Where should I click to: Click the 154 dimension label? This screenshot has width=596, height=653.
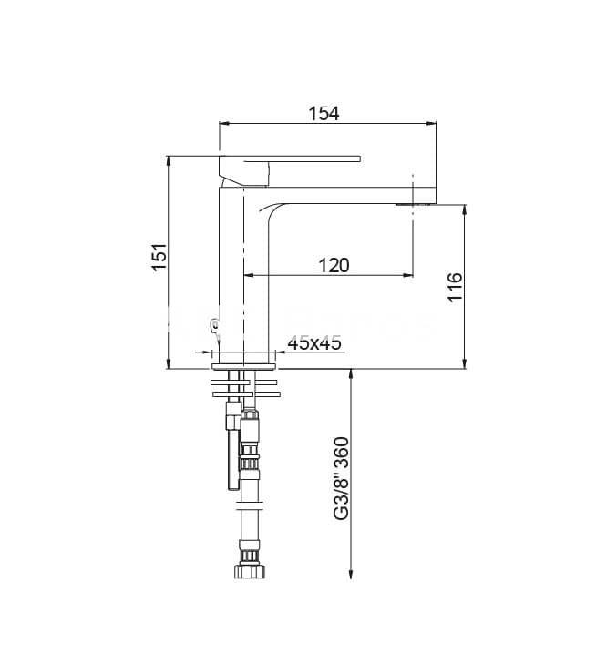324,113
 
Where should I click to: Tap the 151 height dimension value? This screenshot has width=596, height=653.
159,257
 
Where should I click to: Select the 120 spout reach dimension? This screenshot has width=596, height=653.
334,265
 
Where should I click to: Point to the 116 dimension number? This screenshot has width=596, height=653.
455,287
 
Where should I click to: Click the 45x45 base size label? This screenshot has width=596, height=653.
314,342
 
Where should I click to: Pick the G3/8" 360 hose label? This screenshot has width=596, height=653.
341,478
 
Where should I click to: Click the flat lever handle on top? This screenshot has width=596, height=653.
290,158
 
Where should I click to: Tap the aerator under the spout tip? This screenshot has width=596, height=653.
416,204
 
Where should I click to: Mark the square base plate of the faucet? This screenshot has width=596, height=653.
244,366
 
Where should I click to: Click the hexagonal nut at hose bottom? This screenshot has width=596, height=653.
250,571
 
